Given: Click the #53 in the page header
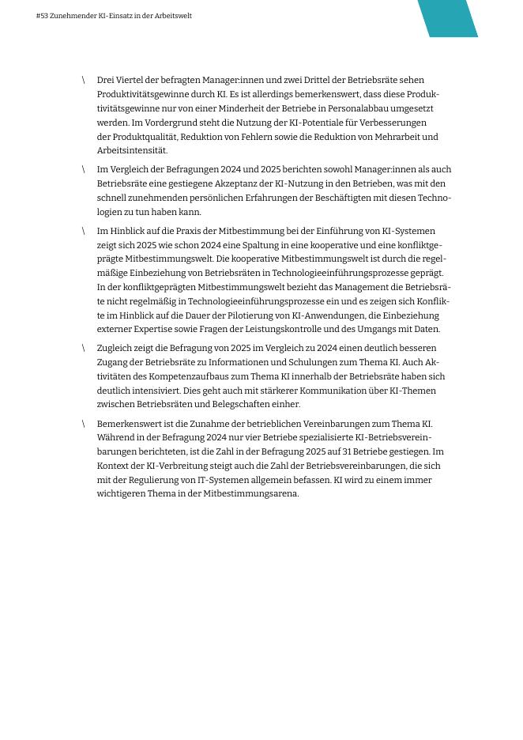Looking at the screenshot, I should click(x=42, y=16).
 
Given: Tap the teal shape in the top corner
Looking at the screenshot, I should click(x=448, y=17).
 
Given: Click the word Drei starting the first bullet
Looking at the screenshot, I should click(x=106, y=80).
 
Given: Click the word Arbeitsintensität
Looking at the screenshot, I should click(x=132, y=150).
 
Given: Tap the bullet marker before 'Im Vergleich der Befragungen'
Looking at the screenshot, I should click(x=83, y=169).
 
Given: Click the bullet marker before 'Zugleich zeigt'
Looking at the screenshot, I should click(x=83, y=348).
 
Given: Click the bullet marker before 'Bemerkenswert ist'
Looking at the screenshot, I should click(x=83, y=424).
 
